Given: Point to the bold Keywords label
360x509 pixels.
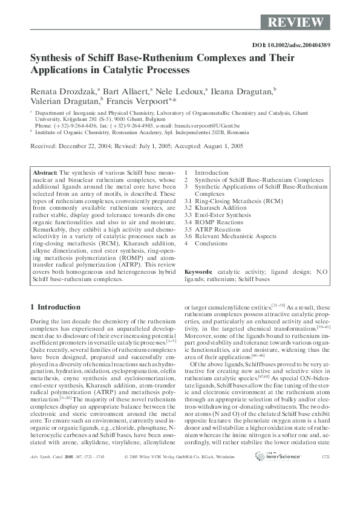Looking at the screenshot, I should pyautogui.click(x=198, y=273).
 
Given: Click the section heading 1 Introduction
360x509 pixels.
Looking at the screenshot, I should pyautogui.click(x=55, y=307).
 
